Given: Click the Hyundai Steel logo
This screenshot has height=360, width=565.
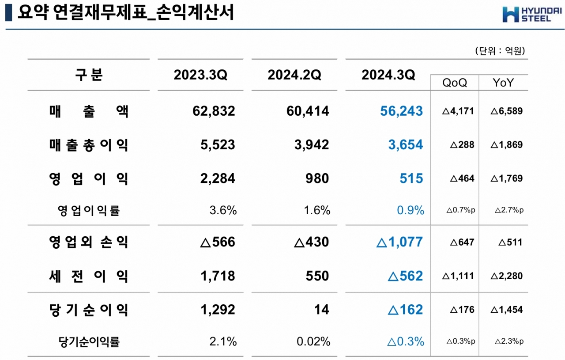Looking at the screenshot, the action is click(x=532, y=15).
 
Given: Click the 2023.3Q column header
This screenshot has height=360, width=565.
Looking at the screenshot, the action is click(x=200, y=75).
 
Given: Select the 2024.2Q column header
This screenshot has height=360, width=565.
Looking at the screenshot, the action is click(x=294, y=75).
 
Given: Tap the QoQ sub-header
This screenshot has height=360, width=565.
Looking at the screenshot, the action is click(x=455, y=83).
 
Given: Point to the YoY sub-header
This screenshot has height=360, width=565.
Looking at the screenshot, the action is click(x=503, y=83).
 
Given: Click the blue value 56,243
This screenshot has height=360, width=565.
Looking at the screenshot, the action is click(x=401, y=111).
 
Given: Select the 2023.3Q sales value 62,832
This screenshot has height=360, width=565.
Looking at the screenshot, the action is click(x=214, y=111).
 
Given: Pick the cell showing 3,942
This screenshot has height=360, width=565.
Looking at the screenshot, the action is click(x=312, y=145).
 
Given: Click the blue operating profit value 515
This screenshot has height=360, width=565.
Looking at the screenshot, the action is click(x=411, y=178).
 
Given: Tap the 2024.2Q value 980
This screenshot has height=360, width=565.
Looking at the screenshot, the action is click(x=317, y=178).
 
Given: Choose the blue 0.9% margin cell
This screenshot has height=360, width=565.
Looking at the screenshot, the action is click(x=411, y=210).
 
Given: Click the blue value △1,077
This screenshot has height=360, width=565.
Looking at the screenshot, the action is click(x=399, y=242).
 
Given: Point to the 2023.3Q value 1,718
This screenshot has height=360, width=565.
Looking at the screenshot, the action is click(x=218, y=276).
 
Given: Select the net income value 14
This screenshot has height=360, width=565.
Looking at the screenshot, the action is click(x=321, y=310).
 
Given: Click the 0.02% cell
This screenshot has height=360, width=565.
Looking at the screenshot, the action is click(x=313, y=341).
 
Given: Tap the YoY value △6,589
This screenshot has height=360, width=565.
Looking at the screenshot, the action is click(x=506, y=111).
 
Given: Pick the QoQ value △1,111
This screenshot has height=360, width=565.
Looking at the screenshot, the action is click(x=458, y=276).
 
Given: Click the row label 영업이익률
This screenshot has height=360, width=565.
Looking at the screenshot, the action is click(x=89, y=211).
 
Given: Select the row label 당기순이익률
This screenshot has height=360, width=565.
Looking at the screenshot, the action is click(x=89, y=342).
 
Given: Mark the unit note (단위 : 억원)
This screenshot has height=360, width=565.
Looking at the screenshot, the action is click(x=500, y=51).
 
